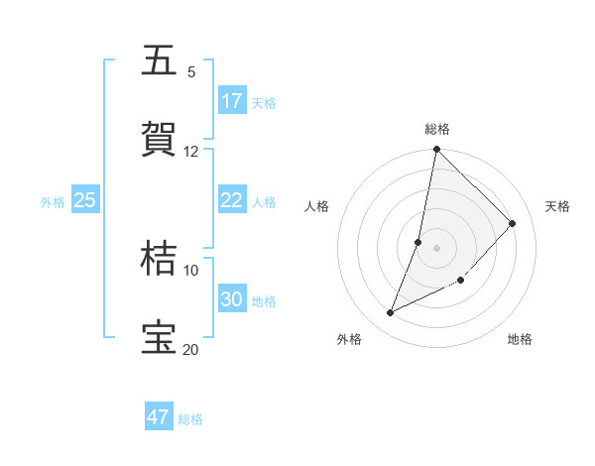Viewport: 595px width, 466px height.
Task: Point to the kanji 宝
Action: pos(159,337)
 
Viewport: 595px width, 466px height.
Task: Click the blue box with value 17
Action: pos(232,100)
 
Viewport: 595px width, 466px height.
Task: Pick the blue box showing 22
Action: pos(232,200)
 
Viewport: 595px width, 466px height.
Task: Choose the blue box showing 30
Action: pos(232,299)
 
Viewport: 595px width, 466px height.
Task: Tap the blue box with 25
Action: pos(84,200)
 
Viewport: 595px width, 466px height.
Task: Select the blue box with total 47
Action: pos(159,417)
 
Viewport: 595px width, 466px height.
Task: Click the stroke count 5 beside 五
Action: pos(191,71)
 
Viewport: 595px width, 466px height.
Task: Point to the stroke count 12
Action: pos(191,151)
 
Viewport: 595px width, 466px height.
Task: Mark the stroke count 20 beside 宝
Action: pos(191,349)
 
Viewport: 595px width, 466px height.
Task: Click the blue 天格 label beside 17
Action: pos(264,102)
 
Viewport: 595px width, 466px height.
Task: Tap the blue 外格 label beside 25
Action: pos(53,202)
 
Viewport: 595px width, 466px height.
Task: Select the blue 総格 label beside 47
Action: pos(190,419)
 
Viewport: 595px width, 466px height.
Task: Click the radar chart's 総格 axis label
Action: pos(437,129)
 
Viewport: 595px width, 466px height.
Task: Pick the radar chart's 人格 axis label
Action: pos(317,206)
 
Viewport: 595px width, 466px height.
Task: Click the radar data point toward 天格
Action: pos(513,223)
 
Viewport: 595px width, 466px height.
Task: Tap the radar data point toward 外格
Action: pos(391,313)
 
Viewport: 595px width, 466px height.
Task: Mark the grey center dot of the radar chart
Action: pos(437,247)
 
